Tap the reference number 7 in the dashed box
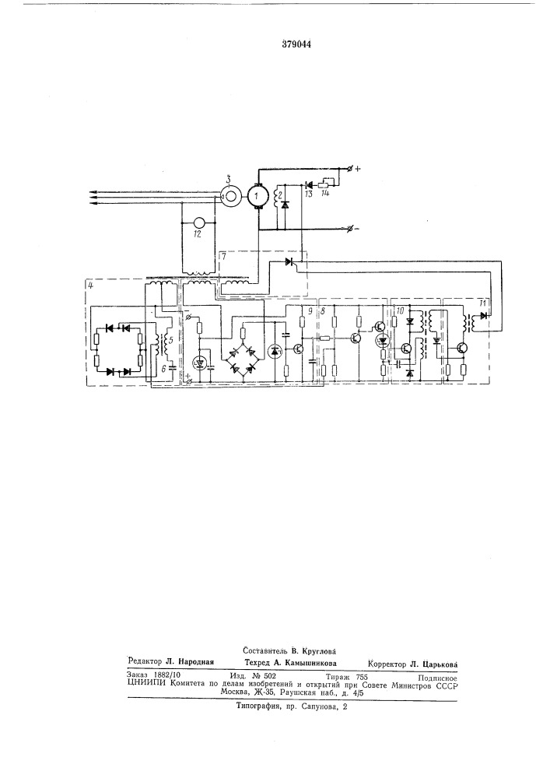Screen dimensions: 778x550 [x=224, y=256]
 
